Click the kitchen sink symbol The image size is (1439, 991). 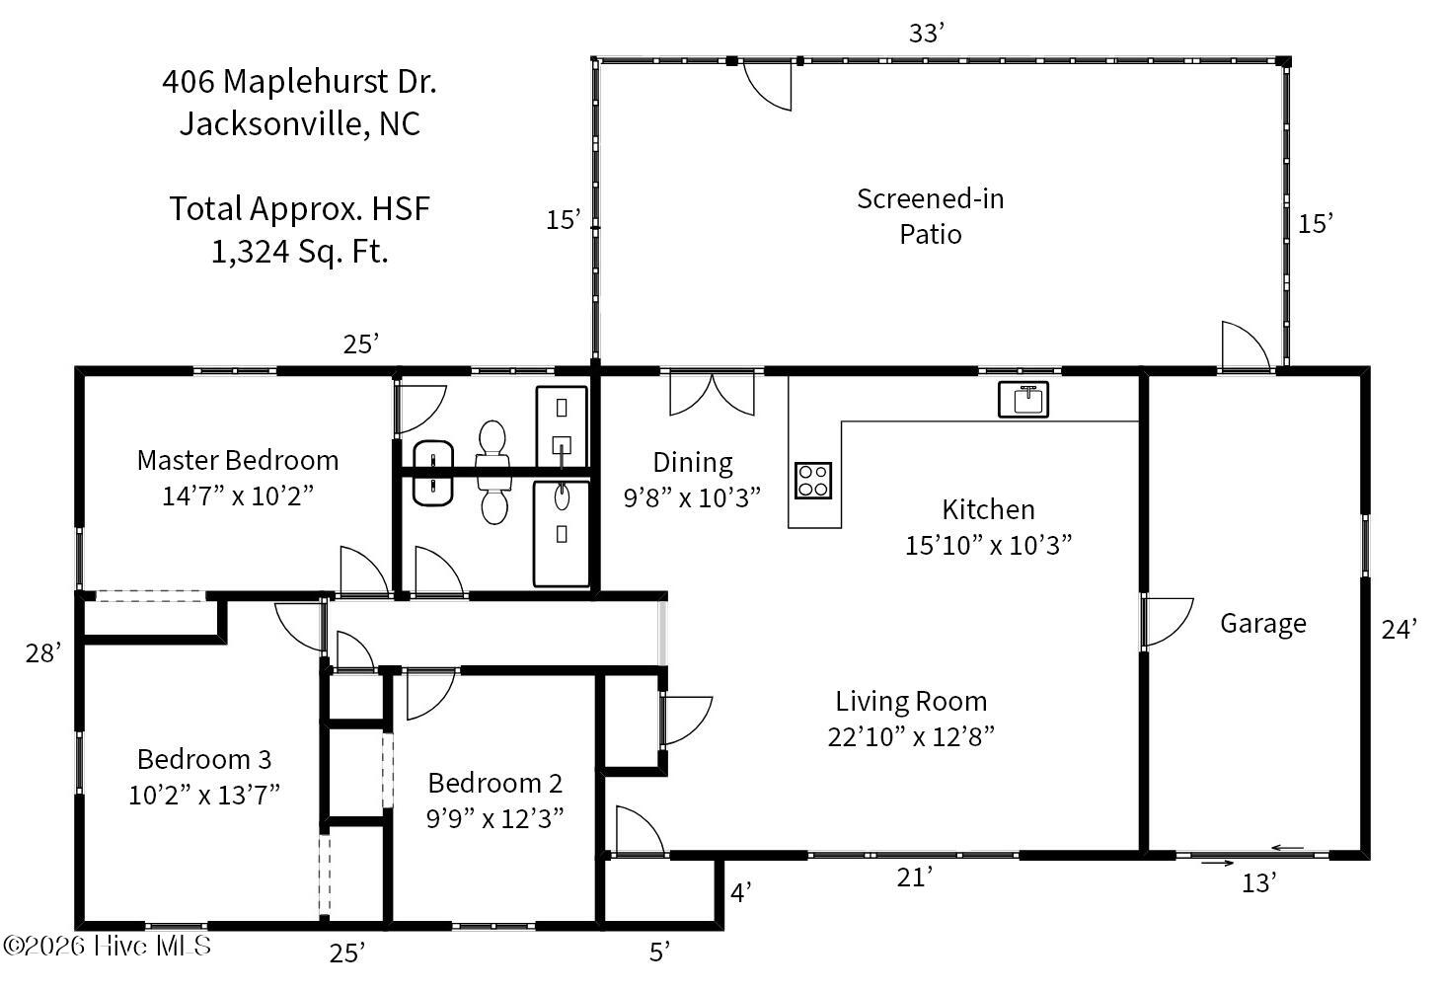(x=1023, y=399)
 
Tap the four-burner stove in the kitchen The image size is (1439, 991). (x=813, y=481)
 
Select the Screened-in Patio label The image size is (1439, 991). (x=930, y=216)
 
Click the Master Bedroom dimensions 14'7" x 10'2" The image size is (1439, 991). (x=238, y=496)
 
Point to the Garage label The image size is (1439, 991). (x=1263, y=624)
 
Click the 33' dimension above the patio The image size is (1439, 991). (x=927, y=33)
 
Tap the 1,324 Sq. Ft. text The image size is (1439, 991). (x=300, y=252)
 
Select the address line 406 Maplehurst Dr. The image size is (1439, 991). (x=299, y=82)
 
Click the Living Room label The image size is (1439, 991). (x=911, y=701)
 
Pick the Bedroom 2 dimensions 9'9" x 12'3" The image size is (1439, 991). (x=494, y=819)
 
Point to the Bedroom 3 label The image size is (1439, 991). (x=204, y=760)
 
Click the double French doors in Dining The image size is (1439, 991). (x=712, y=393)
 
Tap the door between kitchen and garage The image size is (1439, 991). (x=1167, y=622)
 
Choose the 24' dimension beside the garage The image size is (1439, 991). (x=1400, y=629)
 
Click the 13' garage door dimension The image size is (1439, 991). (x=1258, y=883)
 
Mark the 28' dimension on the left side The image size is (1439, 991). (x=43, y=653)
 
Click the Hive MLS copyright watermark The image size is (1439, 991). (x=107, y=946)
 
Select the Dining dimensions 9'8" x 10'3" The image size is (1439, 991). (x=692, y=497)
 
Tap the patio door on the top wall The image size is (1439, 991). (x=767, y=85)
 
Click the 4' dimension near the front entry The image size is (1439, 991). (x=740, y=892)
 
